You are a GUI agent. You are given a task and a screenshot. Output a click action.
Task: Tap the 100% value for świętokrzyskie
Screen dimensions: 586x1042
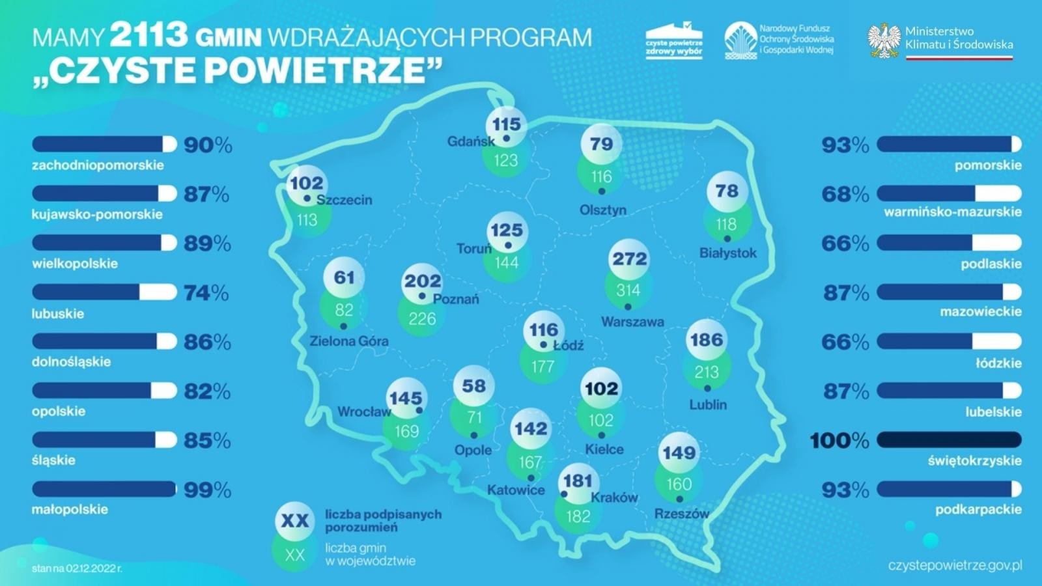click(x=839, y=441)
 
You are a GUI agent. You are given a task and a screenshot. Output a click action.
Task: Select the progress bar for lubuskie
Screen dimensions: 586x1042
click(x=104, y=292)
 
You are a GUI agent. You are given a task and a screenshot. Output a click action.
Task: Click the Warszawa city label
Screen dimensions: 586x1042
click(x=632, y=322)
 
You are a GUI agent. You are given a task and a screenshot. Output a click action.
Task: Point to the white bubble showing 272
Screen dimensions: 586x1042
click(x=629, y=259)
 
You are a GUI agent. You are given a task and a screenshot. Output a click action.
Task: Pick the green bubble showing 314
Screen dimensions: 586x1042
click(x=628, y=290)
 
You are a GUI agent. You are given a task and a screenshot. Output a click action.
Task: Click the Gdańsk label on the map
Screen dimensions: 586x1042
click(x=470, y=141)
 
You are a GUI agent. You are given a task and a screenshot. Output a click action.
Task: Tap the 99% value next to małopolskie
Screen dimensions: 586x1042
click(x=207, y=490)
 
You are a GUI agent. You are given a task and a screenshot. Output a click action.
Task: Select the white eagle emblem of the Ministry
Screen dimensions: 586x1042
click(x=884, y=40)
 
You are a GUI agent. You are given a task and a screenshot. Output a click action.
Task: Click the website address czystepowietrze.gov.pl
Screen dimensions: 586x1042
click(x=955, y=565)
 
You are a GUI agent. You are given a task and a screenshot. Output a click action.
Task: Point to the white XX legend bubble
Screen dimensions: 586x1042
click(x=294, y=520)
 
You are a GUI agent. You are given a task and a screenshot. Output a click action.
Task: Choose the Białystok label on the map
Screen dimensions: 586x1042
click(x=727, y=253)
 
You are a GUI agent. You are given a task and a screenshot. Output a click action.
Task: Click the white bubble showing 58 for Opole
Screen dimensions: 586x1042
click(x=473, y=386)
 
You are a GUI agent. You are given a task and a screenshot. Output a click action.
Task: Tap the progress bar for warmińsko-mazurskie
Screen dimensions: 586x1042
click(x=949, y=193)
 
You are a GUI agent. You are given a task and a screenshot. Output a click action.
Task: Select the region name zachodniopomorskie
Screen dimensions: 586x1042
click(x=98, y=165)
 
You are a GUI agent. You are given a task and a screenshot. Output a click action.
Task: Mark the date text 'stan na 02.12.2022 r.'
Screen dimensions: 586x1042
click(x=77, y=568)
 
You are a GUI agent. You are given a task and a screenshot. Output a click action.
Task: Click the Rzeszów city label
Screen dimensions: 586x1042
click(x=681, y=514)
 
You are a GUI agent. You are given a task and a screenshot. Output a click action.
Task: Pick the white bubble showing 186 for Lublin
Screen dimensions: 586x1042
click(x=707, y=340)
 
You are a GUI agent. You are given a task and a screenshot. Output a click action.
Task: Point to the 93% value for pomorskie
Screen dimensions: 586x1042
click(x=845, y=145)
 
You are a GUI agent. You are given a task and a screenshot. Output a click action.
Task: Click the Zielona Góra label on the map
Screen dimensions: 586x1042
click(x=348, y=341)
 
